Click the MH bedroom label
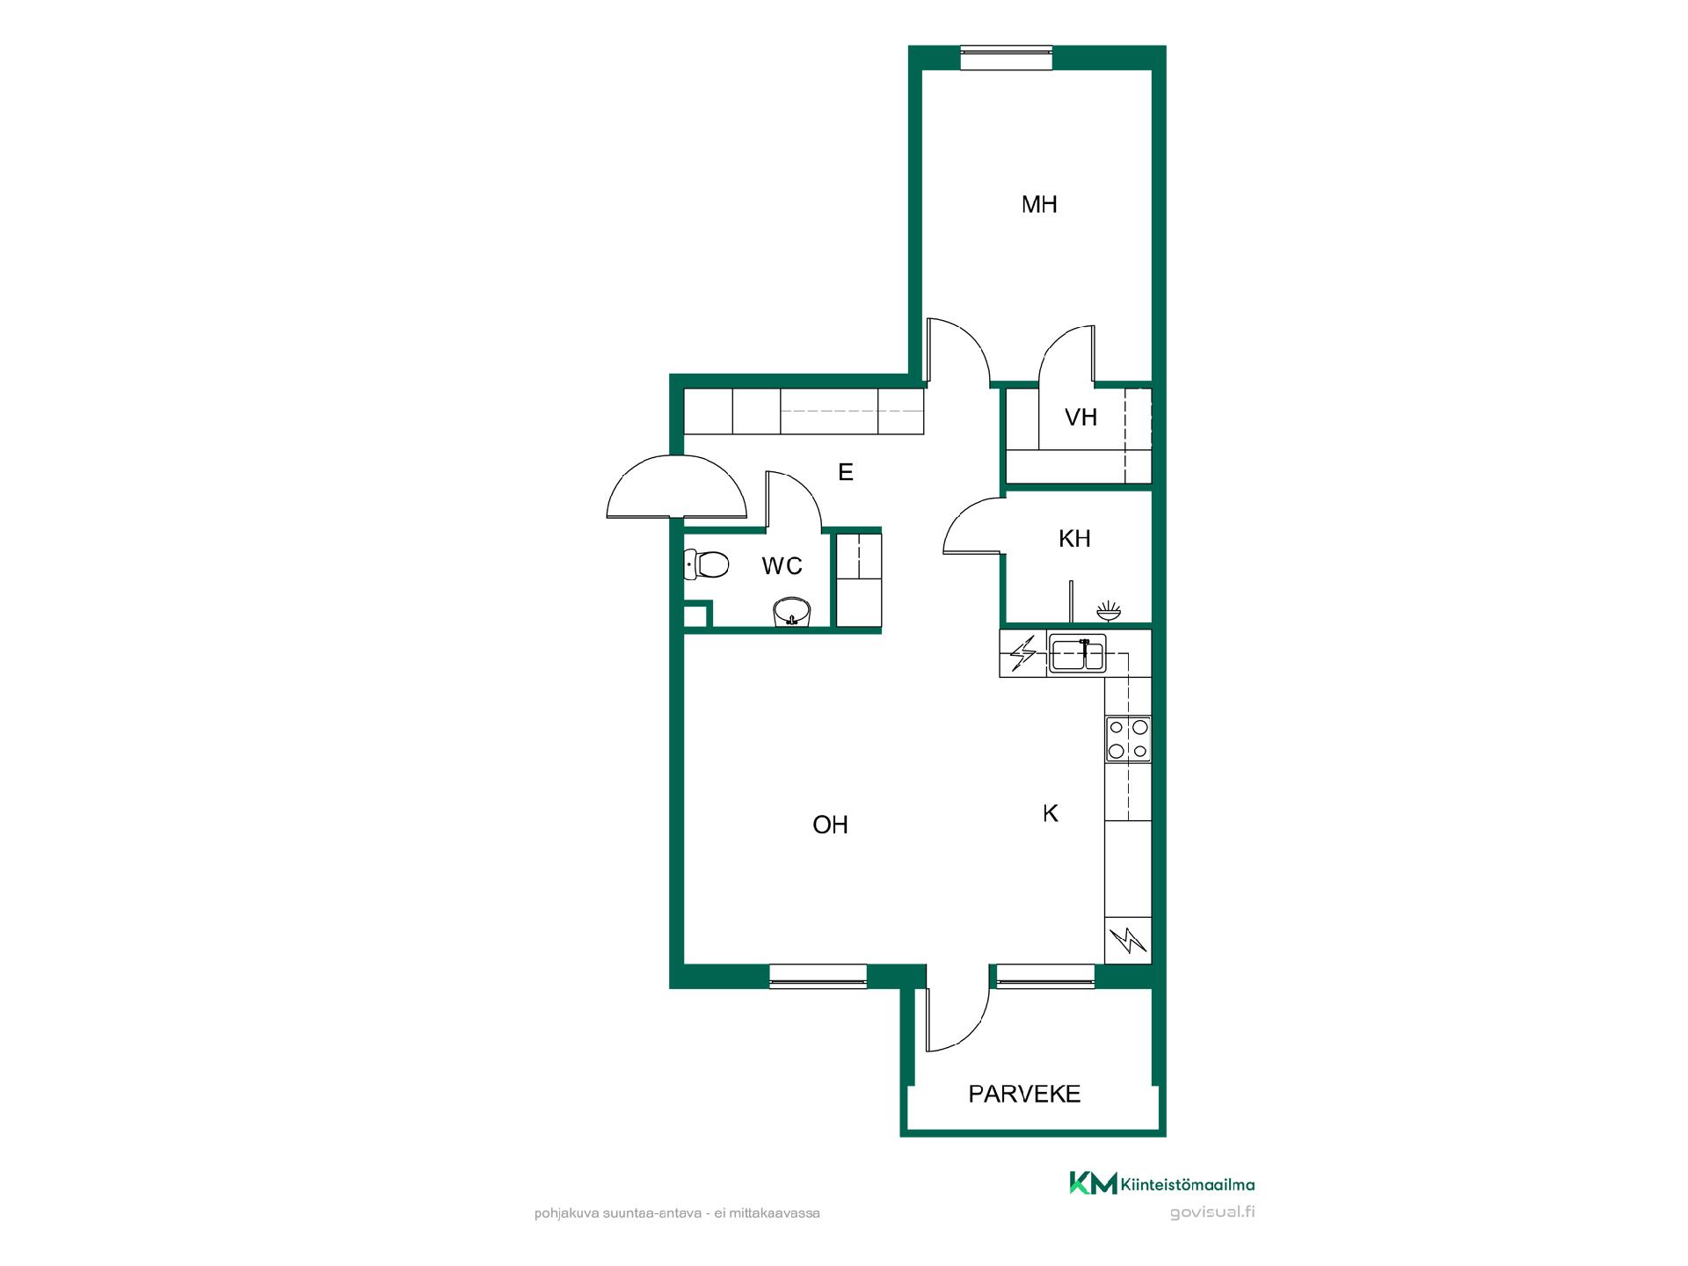(1039, 205)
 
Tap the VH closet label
(1080, 418)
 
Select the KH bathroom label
(1074, 539)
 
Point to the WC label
(782, 566)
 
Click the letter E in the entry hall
(846, 473)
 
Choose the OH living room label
(830, 825)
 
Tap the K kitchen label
(1050, 814)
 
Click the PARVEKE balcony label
(1024, 1095)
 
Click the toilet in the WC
(706, 564)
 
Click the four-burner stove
(1128, 738)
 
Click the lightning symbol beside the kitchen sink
(1023, 654)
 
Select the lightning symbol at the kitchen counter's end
(1128, 942)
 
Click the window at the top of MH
(1006, 58)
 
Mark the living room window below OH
(818, 976)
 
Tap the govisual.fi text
(1211, 1212)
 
